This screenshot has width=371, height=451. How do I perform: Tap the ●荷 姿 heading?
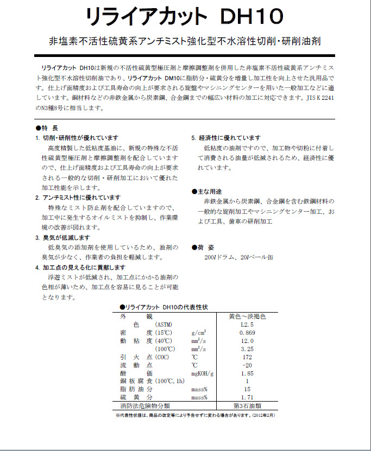pyautogui.click(x=205, y=247)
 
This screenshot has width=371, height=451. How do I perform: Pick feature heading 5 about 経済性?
pyautogui.click(x=225, y=137)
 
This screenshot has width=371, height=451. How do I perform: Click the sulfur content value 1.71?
pyautogui.click(x=248, y=398)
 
